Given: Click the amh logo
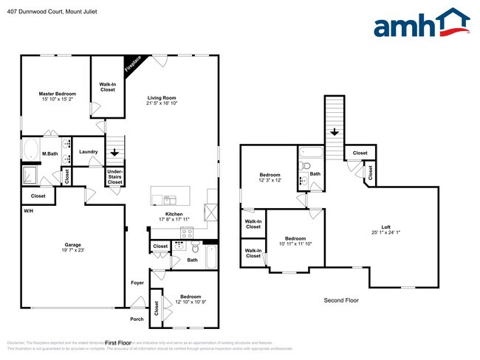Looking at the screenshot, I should point(422,24).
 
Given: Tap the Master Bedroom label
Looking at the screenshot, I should point(57,94).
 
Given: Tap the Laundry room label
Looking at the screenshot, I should point(88,152).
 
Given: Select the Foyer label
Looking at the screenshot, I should point(137,283).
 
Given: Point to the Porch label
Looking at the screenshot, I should point(137,319).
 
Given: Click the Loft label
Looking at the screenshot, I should point(385,227).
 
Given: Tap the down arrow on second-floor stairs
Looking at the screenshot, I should point(334,132).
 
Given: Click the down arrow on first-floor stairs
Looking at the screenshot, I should point(113,152).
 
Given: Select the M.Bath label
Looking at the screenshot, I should point(50,153).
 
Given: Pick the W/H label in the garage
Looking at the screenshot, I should point(28,211).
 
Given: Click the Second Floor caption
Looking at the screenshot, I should point(341,300).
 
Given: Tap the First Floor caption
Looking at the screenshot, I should point(117,343).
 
